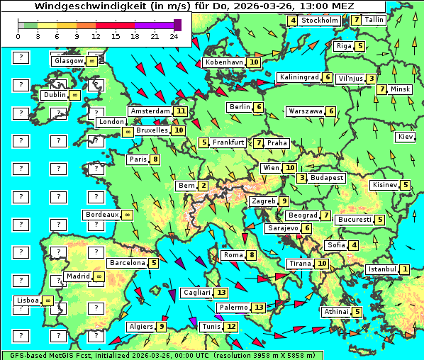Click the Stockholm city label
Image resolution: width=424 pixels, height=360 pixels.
(x=320, y=21)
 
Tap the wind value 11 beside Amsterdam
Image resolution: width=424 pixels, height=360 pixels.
(x=181, y=111)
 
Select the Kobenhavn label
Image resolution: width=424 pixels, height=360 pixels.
(x=224, y=62)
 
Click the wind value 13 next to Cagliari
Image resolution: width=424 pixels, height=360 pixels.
(x=222, y=293)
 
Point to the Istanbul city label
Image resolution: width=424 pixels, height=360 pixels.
(x=382, y=269)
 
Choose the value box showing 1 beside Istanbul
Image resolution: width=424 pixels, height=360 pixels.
(x=404, y=269)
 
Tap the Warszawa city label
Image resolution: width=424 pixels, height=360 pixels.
(x=306, y=111)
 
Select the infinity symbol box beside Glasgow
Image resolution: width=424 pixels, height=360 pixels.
(x=92, y=62)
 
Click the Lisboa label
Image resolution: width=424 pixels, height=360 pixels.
(x=27, y=300)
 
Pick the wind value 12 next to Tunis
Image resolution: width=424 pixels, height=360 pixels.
(x=230, y=327)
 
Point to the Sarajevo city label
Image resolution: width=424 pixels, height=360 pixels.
(x=283, y=228)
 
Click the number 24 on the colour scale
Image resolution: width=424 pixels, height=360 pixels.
(x=173, y=35)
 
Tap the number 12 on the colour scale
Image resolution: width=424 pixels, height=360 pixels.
(x=96, y=35)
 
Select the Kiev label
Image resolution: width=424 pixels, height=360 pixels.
(x=406, y=137)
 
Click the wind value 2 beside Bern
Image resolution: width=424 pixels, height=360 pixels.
(x=203, y=186)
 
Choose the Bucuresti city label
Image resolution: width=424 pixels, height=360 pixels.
(x=355, y=220)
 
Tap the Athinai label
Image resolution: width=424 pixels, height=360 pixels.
(x=336, y=312)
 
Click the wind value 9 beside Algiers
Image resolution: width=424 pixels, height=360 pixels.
(x=162, y=327)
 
